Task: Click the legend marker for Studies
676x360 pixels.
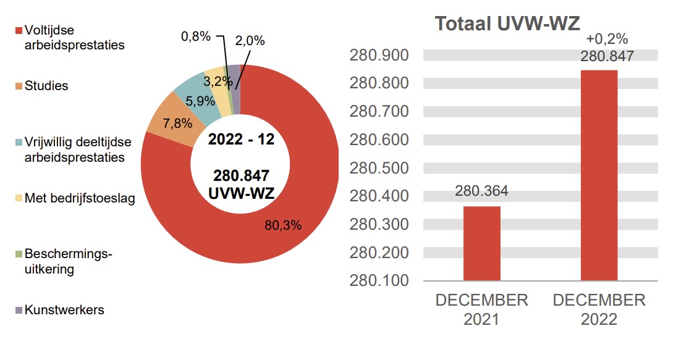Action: [x=19, y=86]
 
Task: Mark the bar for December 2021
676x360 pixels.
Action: [x=481, y=243]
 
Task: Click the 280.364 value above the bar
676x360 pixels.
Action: [x=481, y=191]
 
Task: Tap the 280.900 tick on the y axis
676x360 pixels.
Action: [x=379, y=56]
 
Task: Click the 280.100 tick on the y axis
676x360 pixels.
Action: [x=379, y=280]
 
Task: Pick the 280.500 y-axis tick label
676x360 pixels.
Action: [x=379, y=168]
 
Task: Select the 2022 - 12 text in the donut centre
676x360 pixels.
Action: [x=240, y=139]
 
